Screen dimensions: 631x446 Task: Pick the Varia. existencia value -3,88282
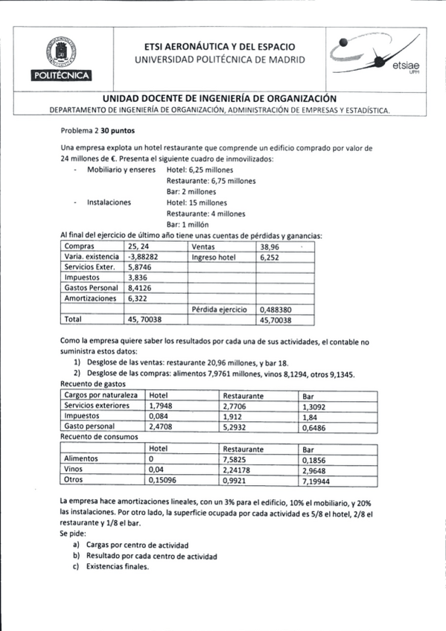[x=146, y=256]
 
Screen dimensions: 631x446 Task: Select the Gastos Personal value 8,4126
[x=140, y=287]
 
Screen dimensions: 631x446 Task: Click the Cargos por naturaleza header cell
[x=101, y=395]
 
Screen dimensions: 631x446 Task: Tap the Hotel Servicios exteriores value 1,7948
[x=162, y=406]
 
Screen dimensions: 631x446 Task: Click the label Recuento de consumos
[x=93, y=438]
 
